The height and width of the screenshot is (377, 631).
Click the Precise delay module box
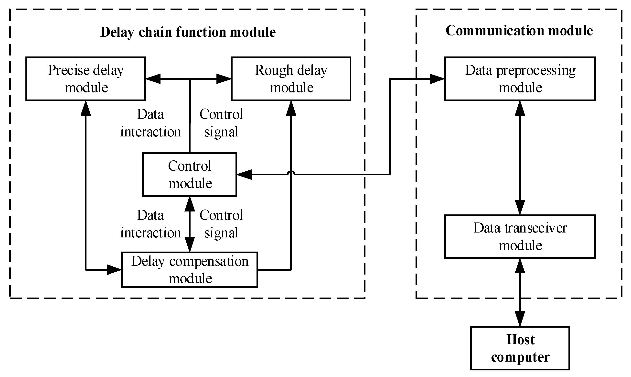point(86,79)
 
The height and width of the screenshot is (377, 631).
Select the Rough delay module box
point(291,79)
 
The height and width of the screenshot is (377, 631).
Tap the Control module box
point(190,175)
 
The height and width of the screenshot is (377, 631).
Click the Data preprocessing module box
point(520,79)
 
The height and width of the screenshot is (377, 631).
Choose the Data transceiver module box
point(520,236)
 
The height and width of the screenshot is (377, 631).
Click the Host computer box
point(520,348)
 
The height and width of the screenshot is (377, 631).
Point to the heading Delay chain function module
point(188,32)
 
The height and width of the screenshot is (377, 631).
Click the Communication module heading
point(519,31)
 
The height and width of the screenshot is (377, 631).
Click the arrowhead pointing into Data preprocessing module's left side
point(437,79)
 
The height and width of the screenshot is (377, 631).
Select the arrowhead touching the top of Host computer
point(520,319)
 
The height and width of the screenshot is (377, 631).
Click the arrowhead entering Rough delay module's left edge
point(224,79)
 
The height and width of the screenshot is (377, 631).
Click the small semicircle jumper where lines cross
point(291,173)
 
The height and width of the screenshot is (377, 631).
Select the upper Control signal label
point(221,123)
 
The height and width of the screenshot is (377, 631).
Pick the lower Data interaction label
point(150,224)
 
